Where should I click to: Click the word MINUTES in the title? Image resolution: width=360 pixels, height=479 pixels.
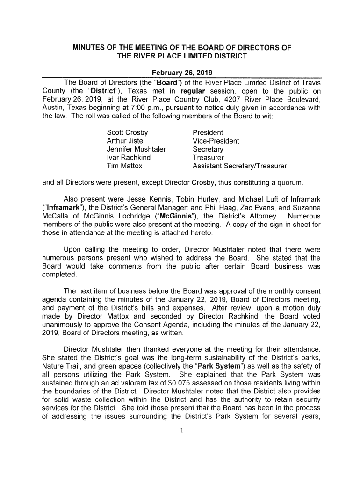(87, 48)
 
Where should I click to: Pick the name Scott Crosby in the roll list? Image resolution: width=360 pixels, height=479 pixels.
(127, 132)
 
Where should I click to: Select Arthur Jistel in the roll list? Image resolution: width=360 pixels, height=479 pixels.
(126, 141)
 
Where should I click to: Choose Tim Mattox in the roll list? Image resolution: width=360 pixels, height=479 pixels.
(124, 166)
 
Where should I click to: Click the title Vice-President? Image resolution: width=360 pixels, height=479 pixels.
(216, 141)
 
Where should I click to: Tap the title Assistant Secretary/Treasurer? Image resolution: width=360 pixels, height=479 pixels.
(239, 166)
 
